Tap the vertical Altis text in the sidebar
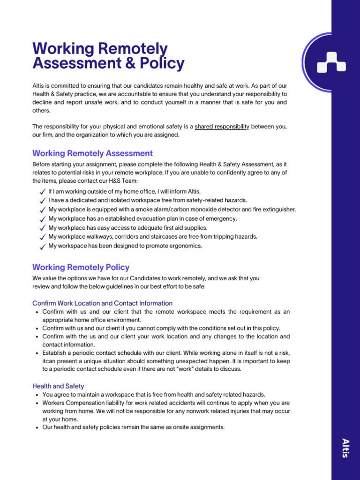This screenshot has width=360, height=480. click(345, 448)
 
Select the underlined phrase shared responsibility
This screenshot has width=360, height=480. click(222, 127)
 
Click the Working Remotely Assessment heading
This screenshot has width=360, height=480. click(92, 153)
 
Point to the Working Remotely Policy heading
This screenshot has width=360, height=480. click(81, 267)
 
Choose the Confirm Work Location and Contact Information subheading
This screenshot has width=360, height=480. click(102, 303)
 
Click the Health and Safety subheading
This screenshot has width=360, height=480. click(58, 386)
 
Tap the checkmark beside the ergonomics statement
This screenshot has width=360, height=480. click(43, 247)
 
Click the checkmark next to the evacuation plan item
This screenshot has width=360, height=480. click(43, 219)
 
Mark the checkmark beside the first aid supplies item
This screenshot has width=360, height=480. click(43, 228)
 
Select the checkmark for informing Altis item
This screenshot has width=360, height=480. click(43, 192)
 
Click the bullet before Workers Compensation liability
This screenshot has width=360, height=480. click(37, 403)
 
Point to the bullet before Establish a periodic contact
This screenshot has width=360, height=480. click(37, 353)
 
